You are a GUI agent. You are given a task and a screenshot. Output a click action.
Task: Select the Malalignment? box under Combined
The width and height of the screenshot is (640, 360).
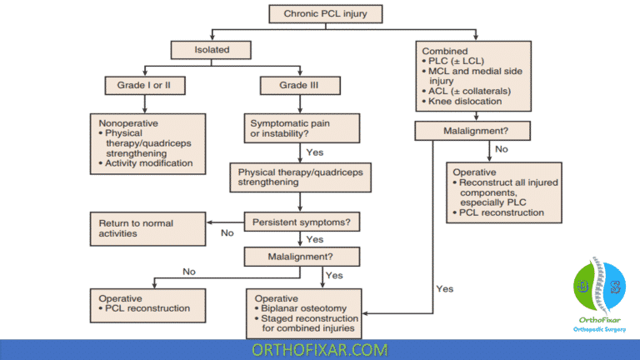tap(472, 130)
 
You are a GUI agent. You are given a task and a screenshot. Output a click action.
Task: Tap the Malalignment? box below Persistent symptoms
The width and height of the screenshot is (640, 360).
tap(301, 257)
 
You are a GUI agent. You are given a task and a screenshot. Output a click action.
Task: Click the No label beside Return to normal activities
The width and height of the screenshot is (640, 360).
tap(227, 233)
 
